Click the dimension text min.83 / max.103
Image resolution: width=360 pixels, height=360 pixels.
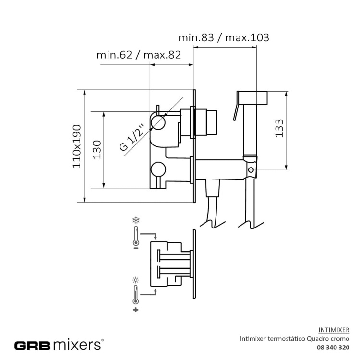(x=224, y=37)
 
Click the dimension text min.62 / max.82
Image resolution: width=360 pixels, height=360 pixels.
(x=139, y=55)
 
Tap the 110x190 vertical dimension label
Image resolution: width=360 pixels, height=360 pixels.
(x=77, y=146)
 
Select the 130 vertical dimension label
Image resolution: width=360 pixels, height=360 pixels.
(x=97, y=149)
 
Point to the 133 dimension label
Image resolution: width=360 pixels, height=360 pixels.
(x=279, y=128)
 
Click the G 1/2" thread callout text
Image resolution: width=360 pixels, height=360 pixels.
(x=132, y=138)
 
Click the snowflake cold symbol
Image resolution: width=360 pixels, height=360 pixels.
(x=136, y=221)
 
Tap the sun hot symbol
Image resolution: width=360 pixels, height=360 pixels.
(x=136, y=280)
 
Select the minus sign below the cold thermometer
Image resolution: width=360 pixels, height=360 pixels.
(x=136, y=248)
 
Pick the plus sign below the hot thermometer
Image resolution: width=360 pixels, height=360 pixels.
(x=136, y=310)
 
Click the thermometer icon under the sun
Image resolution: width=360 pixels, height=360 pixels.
(x=136, y=295)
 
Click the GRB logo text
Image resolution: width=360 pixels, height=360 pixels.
(x=32, y=345)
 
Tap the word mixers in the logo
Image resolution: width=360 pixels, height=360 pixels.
(x=77, y=345)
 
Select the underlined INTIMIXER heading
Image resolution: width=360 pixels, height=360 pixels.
(x=334, y=330)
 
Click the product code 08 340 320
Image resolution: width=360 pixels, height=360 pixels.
(x=333, y=348)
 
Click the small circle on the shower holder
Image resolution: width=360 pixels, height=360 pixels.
(x=251, y=170)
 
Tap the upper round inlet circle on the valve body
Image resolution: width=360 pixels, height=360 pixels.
(x=158, y=123)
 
